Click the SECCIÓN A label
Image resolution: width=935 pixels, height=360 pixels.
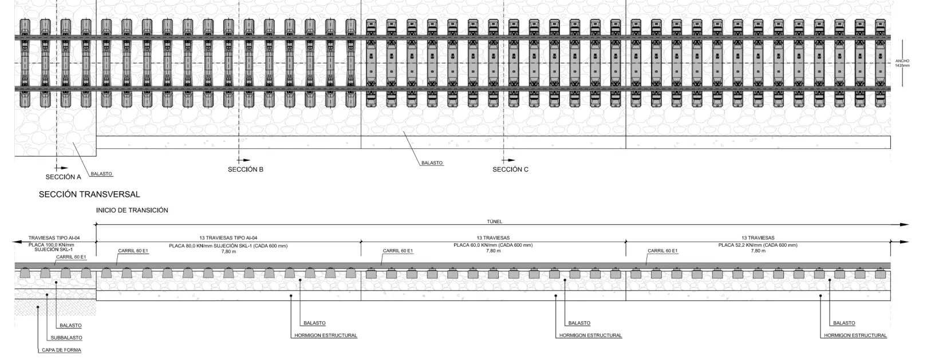[63, 177]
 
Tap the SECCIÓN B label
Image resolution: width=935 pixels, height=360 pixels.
[246, 169]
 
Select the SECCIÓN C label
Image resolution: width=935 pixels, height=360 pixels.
[511, 169]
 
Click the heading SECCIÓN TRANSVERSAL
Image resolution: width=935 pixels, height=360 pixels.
[89, 195]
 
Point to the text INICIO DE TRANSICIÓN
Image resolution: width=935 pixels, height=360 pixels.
[132, 210]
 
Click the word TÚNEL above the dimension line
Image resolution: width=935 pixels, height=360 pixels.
[494, 221]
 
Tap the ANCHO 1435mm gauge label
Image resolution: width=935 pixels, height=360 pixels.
[902, 63]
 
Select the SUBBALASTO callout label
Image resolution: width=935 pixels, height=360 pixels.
[66, 338]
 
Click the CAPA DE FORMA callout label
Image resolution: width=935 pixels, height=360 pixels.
[62, 350]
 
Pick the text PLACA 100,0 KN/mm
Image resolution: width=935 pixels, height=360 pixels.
[52, 245]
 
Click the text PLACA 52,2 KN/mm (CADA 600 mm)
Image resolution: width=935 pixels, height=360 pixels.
[758, 245]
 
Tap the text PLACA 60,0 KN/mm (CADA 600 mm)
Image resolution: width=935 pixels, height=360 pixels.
[493, 245]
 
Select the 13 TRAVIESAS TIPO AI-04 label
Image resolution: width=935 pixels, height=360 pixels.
[228, 238]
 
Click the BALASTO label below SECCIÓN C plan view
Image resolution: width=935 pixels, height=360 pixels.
[432, 163]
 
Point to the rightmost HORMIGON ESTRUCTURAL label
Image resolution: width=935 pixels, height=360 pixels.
[855, 335]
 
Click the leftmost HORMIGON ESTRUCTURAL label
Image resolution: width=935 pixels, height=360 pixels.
[326, 335]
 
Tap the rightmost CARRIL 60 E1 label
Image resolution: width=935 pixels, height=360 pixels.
[662, 251]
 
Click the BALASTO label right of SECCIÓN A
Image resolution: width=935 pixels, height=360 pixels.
[101, 174]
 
